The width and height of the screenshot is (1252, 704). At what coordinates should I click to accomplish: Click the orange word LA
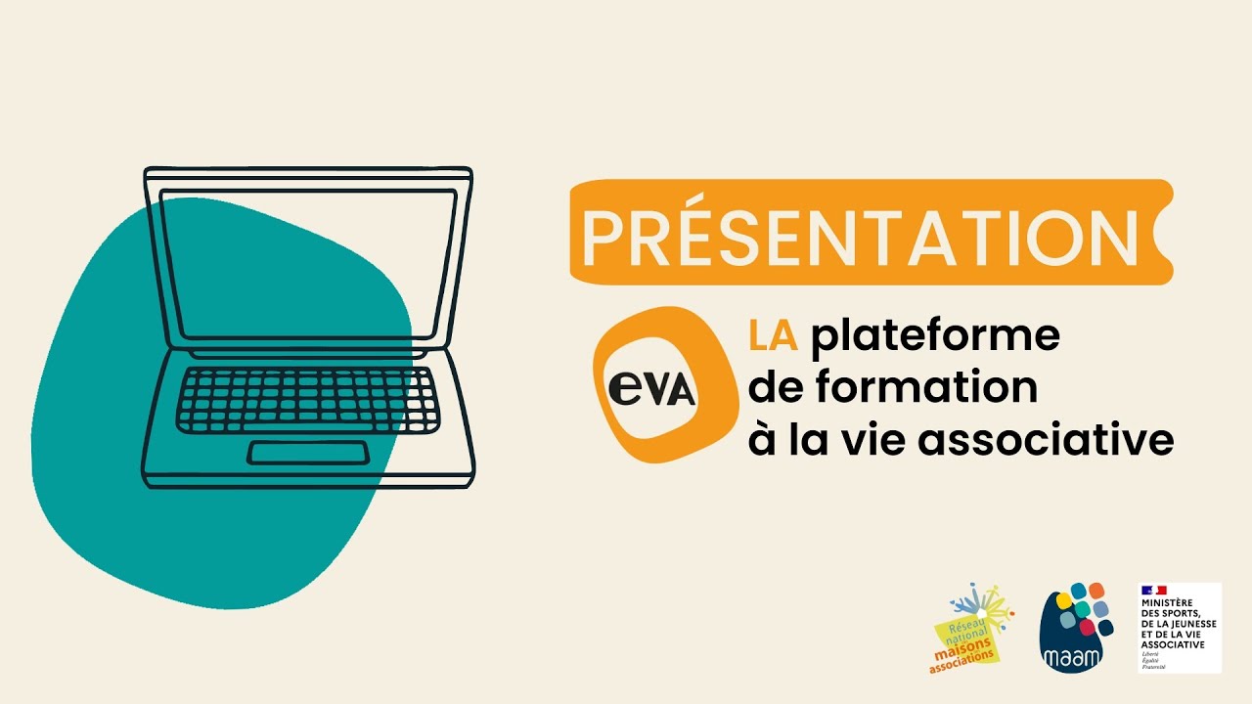[x=773, y=336]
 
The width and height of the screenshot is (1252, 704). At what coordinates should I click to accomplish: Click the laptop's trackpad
[x=308, y=453]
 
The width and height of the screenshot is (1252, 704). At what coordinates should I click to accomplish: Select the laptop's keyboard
[x=308, y=400]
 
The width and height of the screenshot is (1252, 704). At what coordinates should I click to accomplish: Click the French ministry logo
[x=1180, y=628]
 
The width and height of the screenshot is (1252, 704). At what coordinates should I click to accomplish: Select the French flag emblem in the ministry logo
[x=1153, y=591]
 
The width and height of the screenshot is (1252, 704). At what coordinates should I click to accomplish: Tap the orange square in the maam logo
[x=1095, y=591]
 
